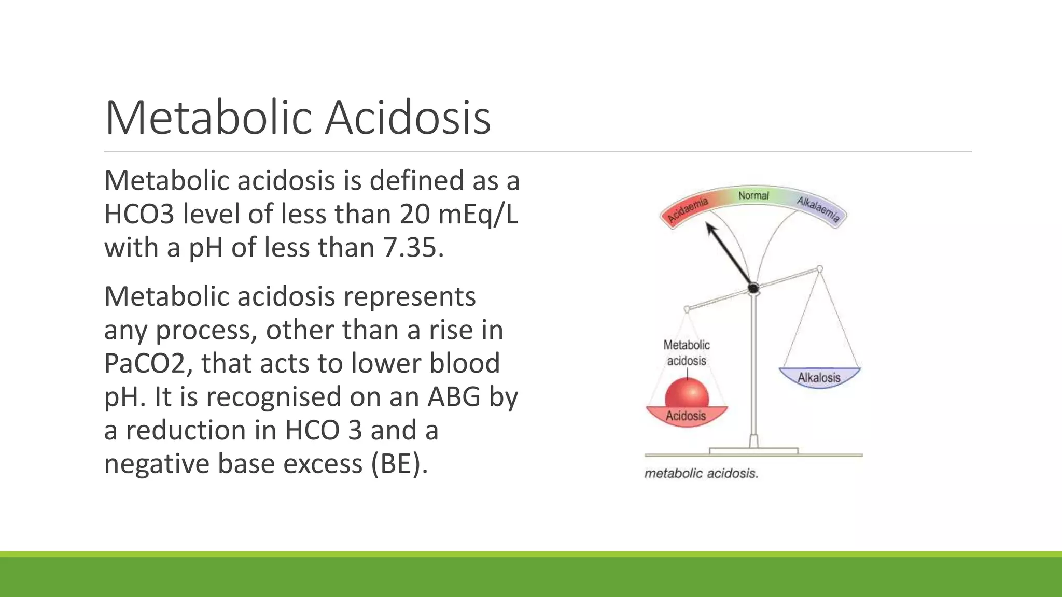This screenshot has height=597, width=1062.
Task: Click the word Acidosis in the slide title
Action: click(408, 118)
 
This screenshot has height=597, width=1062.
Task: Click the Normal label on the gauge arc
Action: click(753, 195)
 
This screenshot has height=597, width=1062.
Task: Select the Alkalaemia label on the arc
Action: click(818, 209)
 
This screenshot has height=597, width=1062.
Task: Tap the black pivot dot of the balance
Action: click(753, 288)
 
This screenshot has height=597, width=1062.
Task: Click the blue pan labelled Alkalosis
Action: click(819, 377)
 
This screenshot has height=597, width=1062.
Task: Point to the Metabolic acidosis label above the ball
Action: click(687, 352)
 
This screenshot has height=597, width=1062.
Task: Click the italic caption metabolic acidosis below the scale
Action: click(701, 473)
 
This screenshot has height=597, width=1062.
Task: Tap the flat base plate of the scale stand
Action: click(753, 451)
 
